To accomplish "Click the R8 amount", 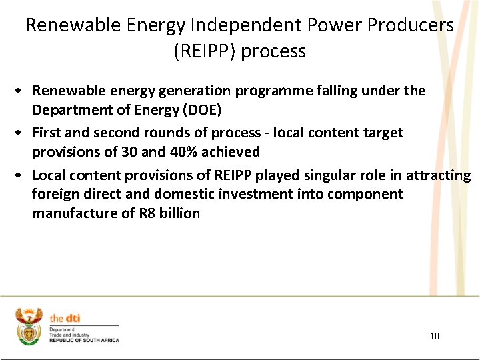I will click(x=146, y=213).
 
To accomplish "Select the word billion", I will click(x=179, y=213).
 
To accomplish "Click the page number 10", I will click(x=434, y=336).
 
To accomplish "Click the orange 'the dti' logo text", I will click(x=65, y=319).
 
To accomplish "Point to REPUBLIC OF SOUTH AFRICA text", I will click(x=84, y=341).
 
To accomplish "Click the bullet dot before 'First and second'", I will click(x=22, y=133).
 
